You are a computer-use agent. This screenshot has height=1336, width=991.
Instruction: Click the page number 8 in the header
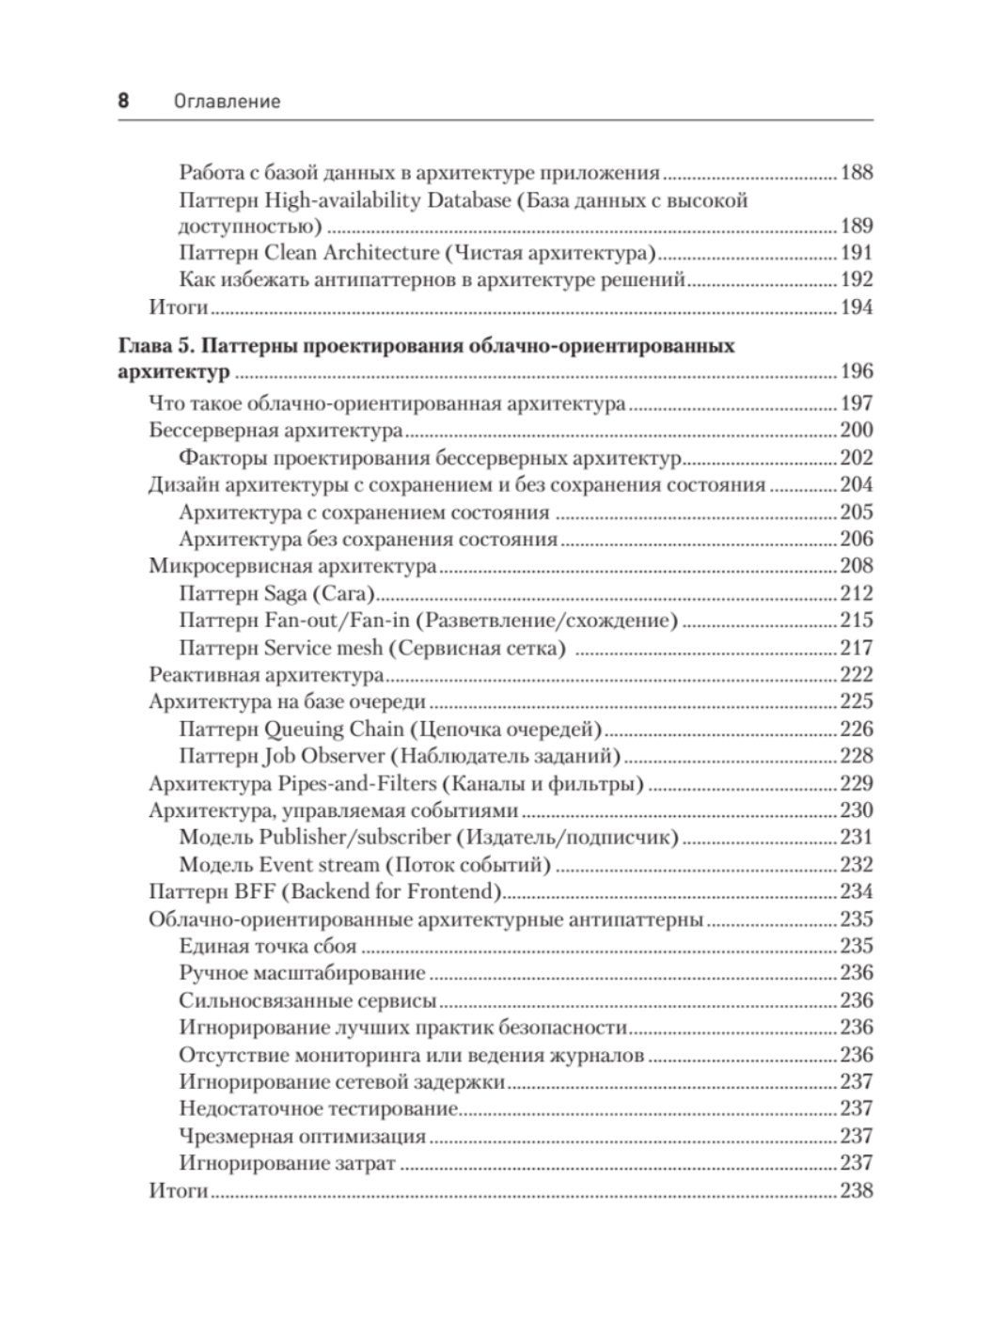pyautogui.click(x=123, y=101)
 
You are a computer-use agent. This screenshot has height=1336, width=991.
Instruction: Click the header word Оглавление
pyautogui.click(x=228, y=102)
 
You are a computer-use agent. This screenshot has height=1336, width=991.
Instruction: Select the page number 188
pyautogui.click(x=857, y=172)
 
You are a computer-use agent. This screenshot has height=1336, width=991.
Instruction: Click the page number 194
pyautogui.click(x=857, y=306)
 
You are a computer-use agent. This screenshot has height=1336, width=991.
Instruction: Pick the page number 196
pyautogui.click(x=857, y=371)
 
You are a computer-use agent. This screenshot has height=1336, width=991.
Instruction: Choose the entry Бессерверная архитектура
pyautogui.click(x=275, y=431)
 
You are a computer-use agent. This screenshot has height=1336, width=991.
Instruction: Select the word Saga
pyautogui.click(x=285, y=593)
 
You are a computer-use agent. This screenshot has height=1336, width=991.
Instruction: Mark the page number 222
pyautogui.click(x=857, y=674)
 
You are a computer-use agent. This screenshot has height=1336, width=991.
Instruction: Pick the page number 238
pyautogui.click(x=857, y=1190)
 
